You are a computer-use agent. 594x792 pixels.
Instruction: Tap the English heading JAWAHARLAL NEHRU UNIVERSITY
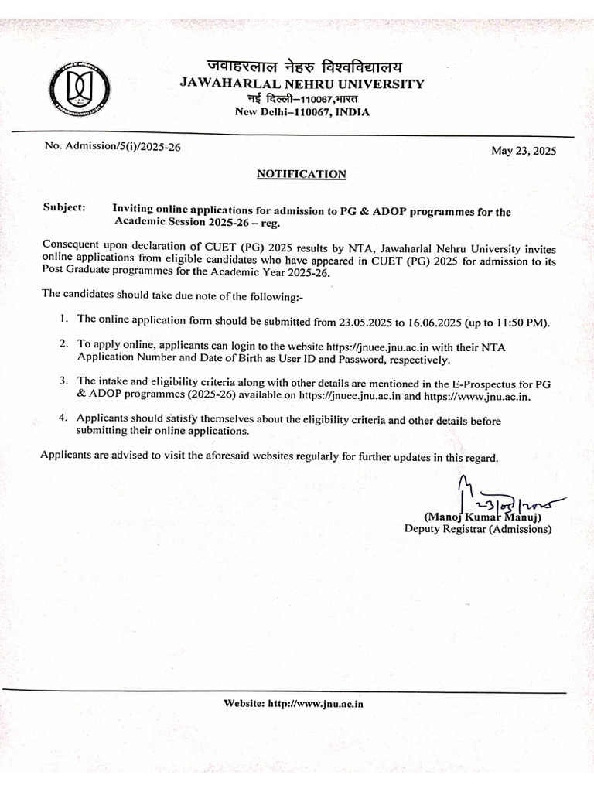click(302, 84)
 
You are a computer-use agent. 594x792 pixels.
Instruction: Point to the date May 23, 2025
click(524, 151)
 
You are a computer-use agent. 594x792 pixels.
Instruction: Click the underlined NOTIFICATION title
click(302, 174)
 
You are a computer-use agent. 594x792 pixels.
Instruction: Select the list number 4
click(64, 418)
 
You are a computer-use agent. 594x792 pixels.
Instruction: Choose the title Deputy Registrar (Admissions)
click(478, 530)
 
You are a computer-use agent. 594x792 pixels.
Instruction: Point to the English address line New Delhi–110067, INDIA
click(302, 112)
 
